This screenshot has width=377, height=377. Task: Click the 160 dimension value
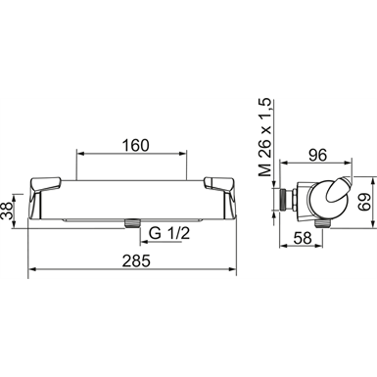coord(136,145)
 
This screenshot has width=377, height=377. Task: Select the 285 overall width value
coord(136,261)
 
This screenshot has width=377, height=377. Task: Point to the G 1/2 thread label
coord(169,233)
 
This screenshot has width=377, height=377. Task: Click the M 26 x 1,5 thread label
coord(266,137)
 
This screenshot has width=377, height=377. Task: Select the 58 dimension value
coord(302,238)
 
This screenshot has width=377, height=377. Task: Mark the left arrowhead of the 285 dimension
coord(31,269)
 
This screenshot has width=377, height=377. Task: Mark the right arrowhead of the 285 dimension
coord(233,269)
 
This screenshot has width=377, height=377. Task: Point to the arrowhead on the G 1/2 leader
coord(143,241)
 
